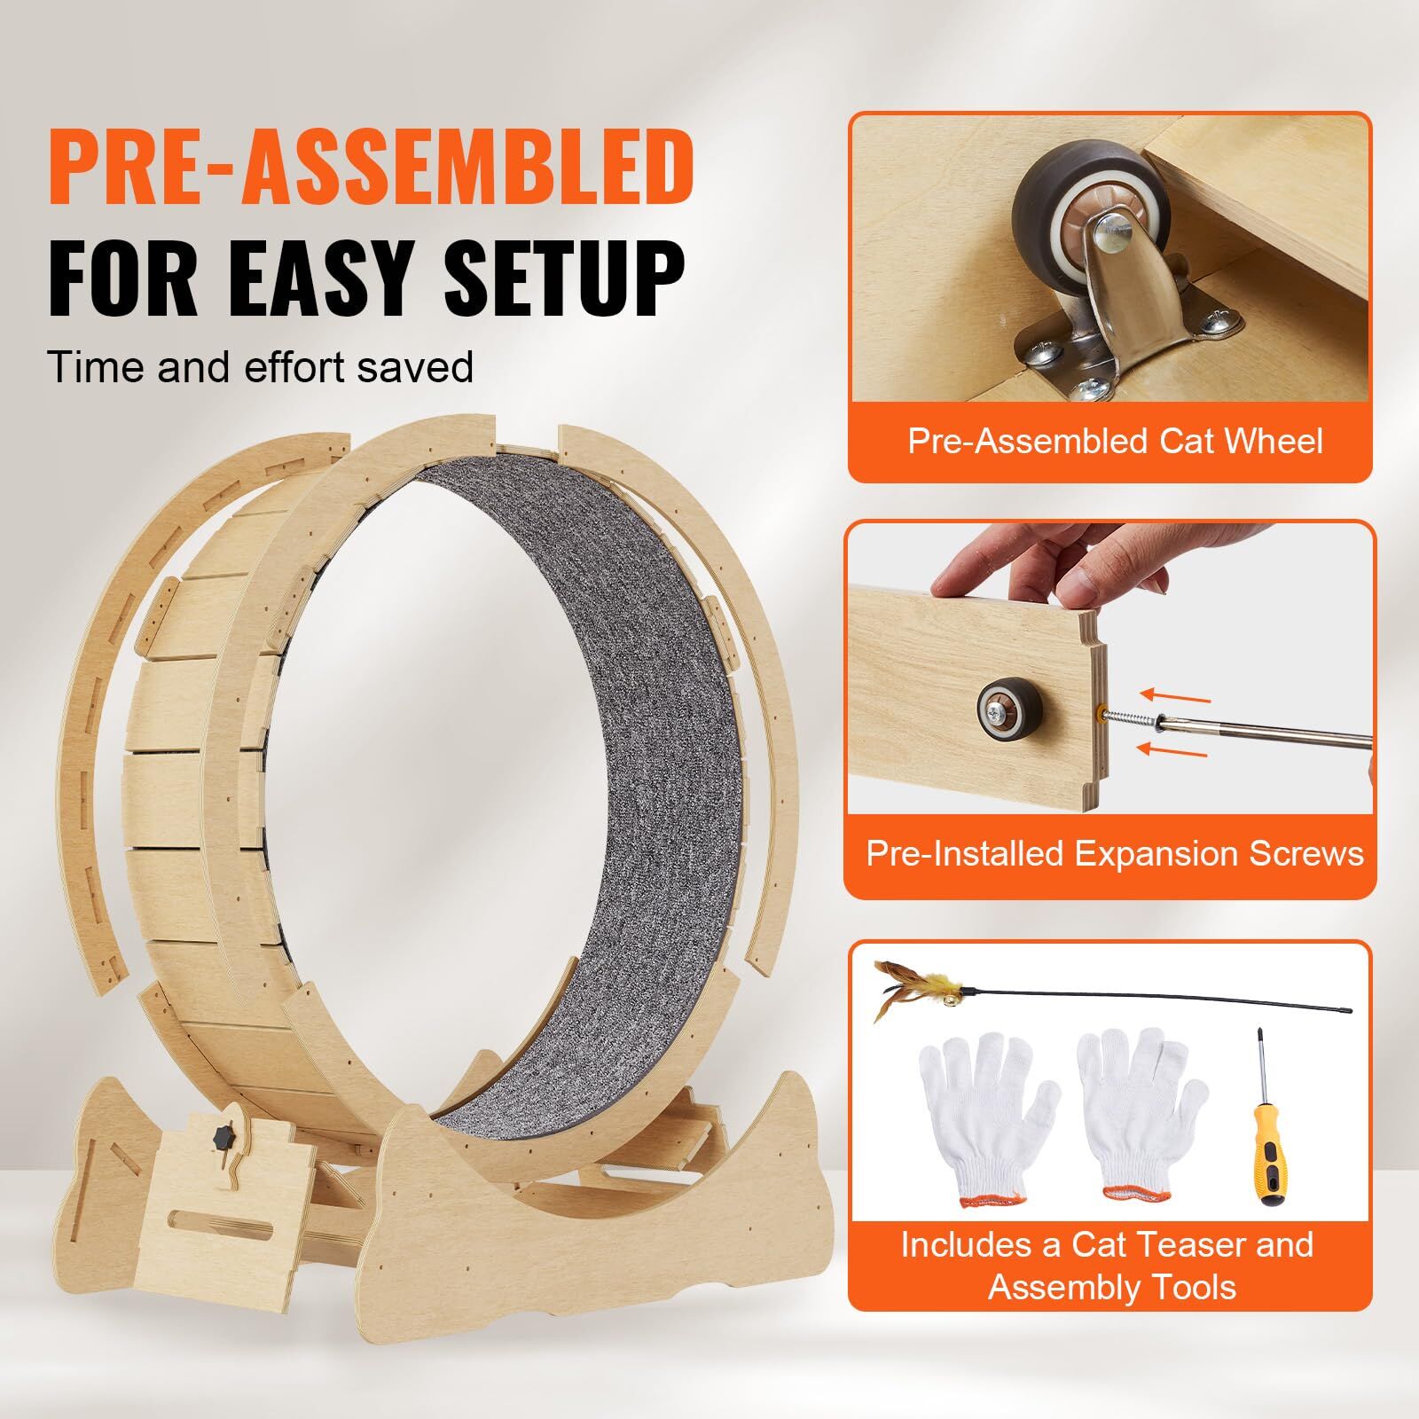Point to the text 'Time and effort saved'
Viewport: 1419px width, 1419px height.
pyautogui.click(x=261, y=365)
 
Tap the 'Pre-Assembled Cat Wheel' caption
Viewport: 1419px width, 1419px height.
pyautogui.click(x=1115, y=441)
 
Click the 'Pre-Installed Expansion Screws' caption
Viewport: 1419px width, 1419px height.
pyautogui.click(x=1115, y=853)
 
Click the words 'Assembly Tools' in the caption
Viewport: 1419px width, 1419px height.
pyautogui.click(x=1112, y=1287)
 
